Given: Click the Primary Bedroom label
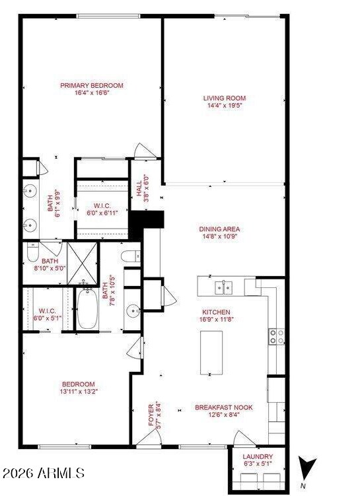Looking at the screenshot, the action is (x=92, y=85).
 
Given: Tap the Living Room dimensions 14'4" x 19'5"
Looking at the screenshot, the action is (x=225, y=106).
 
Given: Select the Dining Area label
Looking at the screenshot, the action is (x=219, y=229).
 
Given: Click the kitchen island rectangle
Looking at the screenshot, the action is (x=211, y=353).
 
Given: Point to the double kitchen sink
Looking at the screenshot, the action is (x=224, y=287).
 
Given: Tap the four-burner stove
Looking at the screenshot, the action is (x=277, y=337).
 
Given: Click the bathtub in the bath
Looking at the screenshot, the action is (x=87, y=308).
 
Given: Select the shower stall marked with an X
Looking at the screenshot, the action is (x=83, y=263).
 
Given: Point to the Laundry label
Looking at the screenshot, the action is (x=258, y=456).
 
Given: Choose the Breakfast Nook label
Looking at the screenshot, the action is (x=224, y=407).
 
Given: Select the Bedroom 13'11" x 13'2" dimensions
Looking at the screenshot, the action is (x=79, y=392).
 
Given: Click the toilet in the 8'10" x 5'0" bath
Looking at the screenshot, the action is (x=32, y=252).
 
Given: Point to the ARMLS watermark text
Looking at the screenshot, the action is (x=43, y=474).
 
